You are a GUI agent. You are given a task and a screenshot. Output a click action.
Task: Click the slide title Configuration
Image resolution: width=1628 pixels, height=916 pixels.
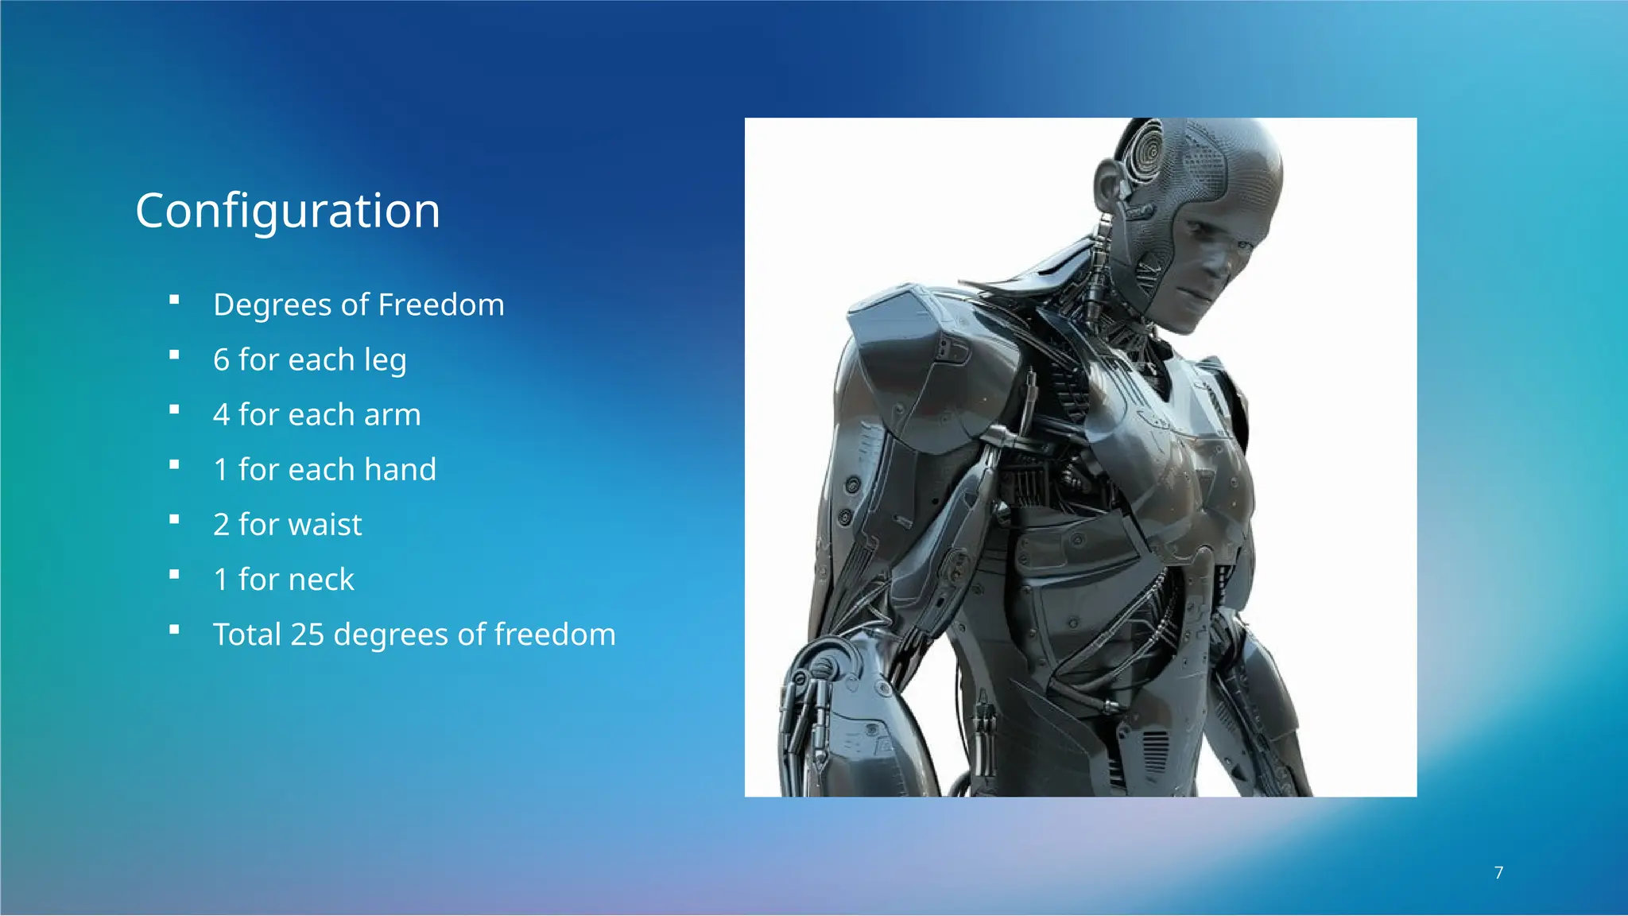point(287,211)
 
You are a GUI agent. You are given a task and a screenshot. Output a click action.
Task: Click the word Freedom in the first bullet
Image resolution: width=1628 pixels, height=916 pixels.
point(440,305)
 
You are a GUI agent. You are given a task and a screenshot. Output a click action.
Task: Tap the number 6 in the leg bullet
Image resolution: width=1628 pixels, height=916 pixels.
point(221,360)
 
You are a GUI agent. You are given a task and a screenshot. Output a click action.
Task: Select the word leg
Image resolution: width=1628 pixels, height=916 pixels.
point(385,360)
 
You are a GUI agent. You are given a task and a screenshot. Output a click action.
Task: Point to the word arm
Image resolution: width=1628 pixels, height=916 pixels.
point(392,415)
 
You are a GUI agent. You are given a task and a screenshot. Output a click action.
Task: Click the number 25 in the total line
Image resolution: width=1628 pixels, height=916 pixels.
point(307,635)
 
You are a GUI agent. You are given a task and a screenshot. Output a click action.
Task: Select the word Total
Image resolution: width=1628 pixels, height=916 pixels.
point(246,635)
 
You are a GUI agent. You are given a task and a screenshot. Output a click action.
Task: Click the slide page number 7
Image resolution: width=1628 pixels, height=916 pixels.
point(1498,873)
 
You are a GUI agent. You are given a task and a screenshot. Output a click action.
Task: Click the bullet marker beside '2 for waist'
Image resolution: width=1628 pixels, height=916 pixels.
point(174,520)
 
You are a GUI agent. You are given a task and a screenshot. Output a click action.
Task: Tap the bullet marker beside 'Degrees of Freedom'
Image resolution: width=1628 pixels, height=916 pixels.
point(174,300)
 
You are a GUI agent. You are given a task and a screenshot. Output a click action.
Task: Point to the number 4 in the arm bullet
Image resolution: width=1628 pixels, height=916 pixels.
point(221,415)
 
